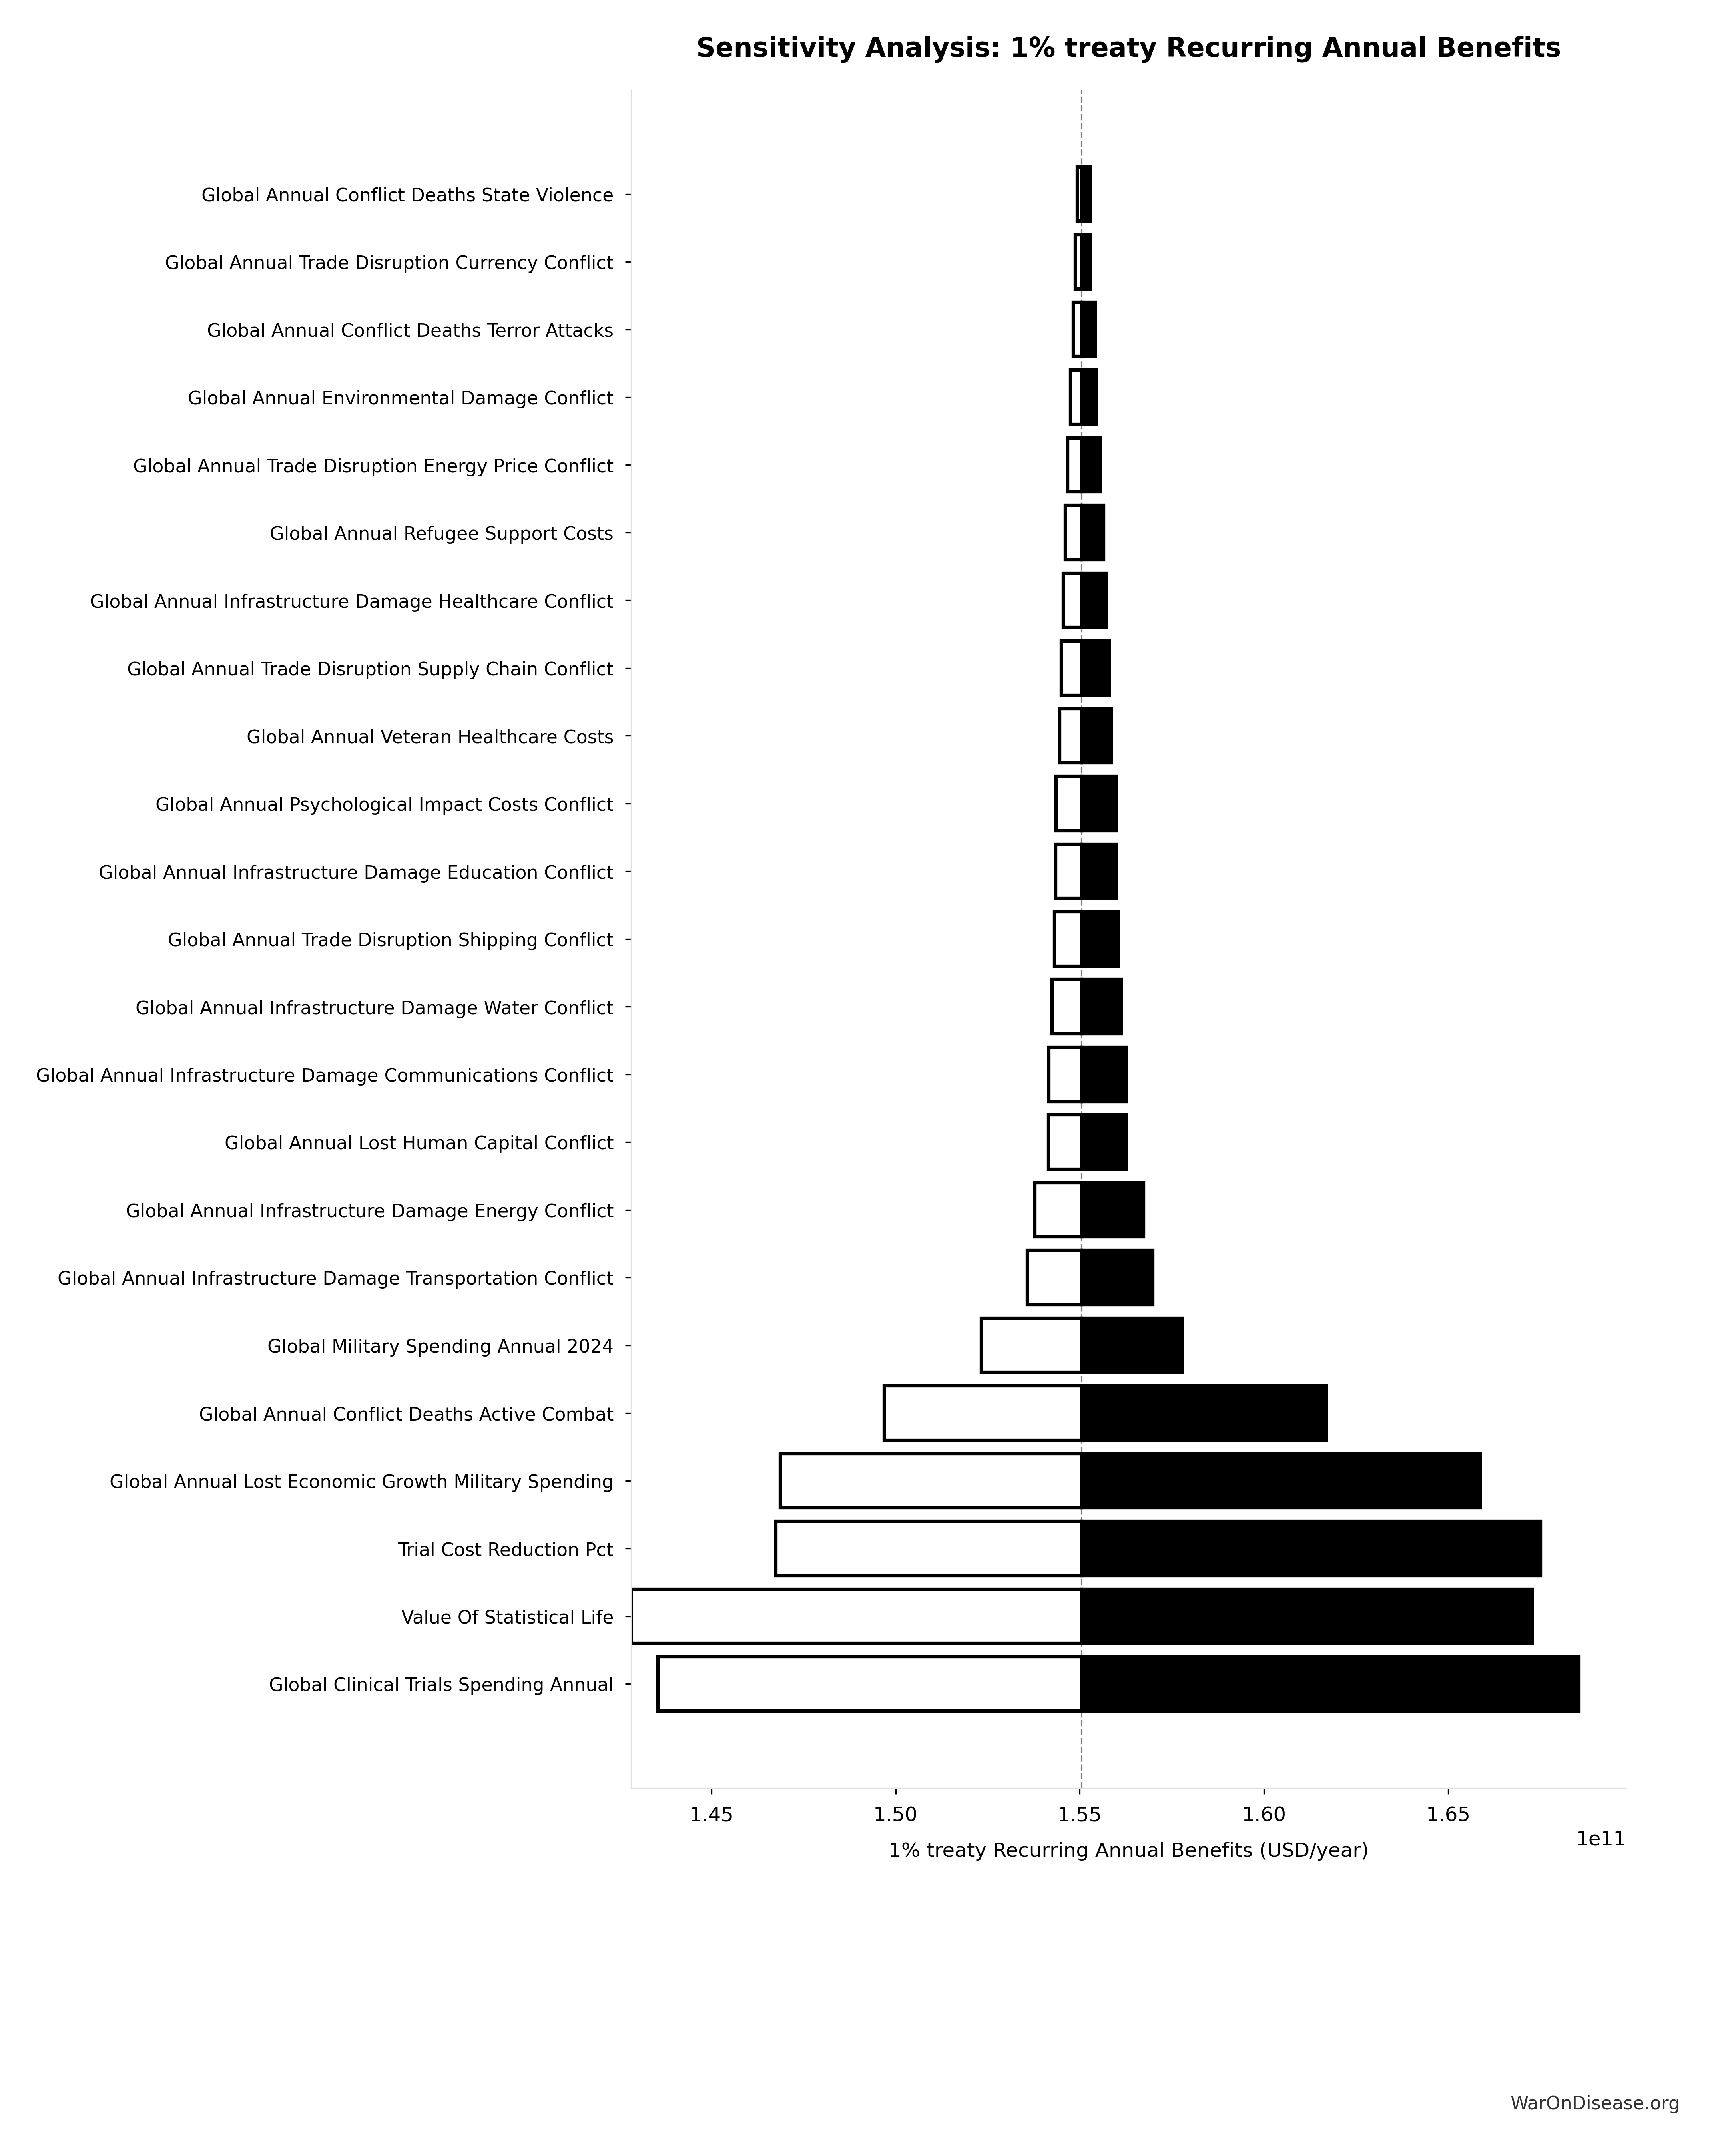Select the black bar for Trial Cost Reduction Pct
[x=1310, y=1548]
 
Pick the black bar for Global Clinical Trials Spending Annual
[x=1329, y=1683]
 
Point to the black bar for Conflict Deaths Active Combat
[x=1204, y=1413]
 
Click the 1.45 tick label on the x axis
[x=712, y=1814]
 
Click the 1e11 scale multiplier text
[x=1599, y=1839]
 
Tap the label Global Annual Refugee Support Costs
[x=441, y=533]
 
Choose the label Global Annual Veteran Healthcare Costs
[x=430, y=736]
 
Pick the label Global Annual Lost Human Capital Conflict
[x=419, y=1142]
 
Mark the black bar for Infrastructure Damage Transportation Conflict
[x=1117, y=1277]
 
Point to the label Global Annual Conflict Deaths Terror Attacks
[x=410, y=330]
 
